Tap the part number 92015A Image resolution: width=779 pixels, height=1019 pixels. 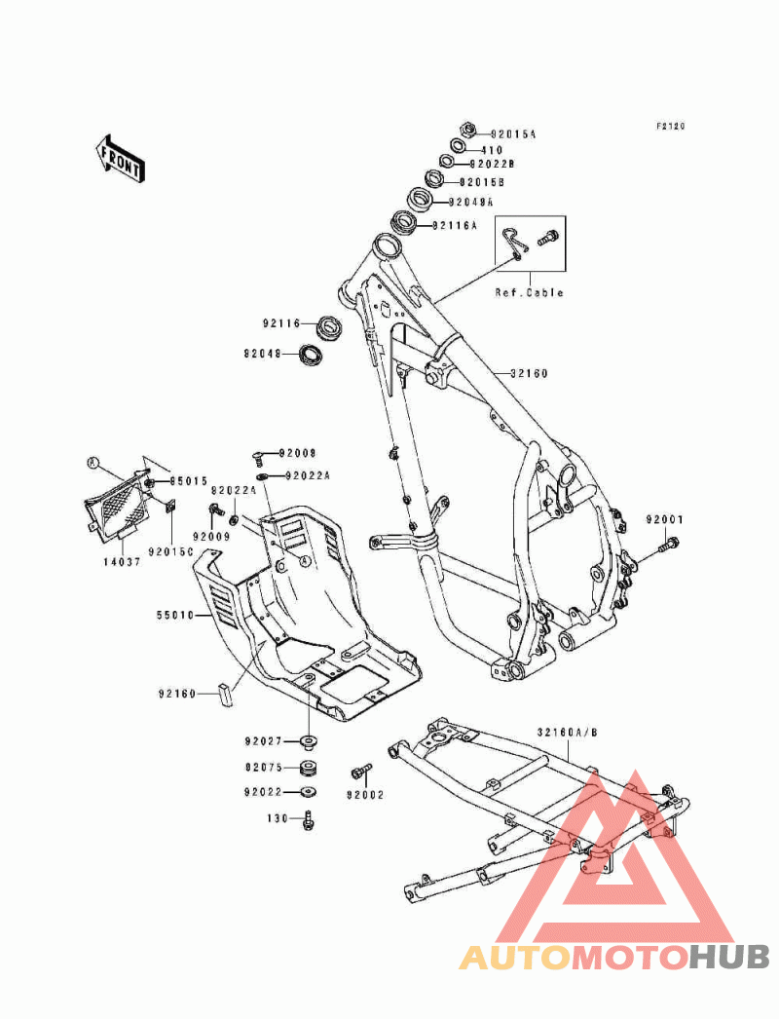point(513,133)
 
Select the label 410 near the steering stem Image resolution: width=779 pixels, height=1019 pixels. point(492,150)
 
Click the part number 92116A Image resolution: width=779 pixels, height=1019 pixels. point(455,225)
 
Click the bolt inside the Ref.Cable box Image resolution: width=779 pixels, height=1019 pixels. point(548,237)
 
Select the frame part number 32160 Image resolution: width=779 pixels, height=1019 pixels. point(529,373)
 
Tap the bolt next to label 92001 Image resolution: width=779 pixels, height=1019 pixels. point(667,547)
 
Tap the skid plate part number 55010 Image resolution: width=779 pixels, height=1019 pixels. point(173,616)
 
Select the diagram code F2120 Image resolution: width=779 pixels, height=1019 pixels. point(670,126)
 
